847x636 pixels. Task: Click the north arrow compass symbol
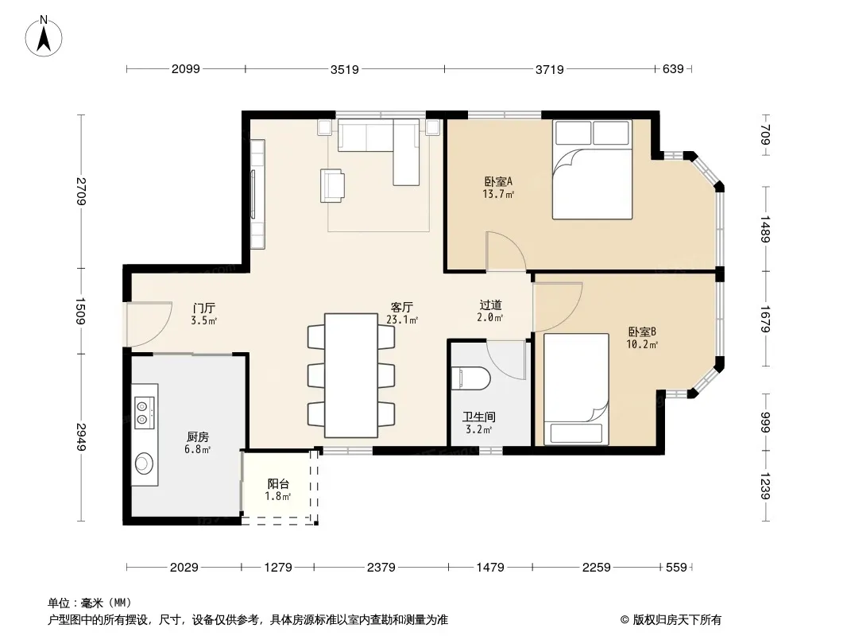tap(44, 37)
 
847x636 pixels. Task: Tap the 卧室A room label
tap(498, 181)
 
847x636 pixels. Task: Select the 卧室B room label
tap(642, 332)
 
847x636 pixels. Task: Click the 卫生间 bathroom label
tap(478, 417)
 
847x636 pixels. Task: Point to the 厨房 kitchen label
tap(198, 436)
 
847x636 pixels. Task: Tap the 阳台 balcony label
tap(278, 484)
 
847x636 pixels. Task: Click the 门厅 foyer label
tap(204, 308)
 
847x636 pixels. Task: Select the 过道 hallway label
tap(490, 305)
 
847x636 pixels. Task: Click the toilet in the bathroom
tap(470, 378)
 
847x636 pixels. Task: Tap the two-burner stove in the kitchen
tap(145, 413)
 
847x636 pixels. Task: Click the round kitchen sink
tap(145, 463)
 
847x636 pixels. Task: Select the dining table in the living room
tap(351, 375)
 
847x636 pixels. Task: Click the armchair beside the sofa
tap(332, 186)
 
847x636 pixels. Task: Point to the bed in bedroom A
tap(592, 169)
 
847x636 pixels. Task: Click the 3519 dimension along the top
tap(345, 69)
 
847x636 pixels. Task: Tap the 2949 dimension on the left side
tap(81, 437)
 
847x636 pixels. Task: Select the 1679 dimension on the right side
tap(765, 320)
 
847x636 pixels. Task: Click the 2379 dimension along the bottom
tap(381, 568)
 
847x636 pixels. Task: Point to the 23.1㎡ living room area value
tap(402, 320)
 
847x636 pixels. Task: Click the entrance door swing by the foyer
tap(149, 324)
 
